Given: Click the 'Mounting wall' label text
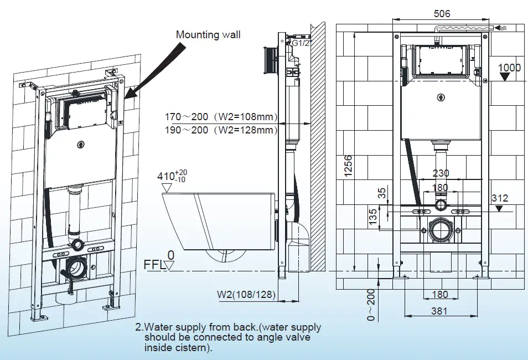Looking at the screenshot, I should [x=208, y=35].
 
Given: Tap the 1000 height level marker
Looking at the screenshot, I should [x=509, y=68].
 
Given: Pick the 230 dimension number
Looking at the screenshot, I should [x=441, y=173].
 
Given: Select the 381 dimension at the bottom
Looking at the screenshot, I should [x=440, y=311].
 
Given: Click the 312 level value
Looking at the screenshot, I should [x=499, y=198].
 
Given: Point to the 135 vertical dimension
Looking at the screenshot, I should [x=374, y=216].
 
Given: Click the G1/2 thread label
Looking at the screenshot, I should [x=302, y=43].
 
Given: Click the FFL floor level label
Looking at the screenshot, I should [x=154, y=265].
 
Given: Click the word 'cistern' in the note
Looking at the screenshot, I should [x=194, y=348].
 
